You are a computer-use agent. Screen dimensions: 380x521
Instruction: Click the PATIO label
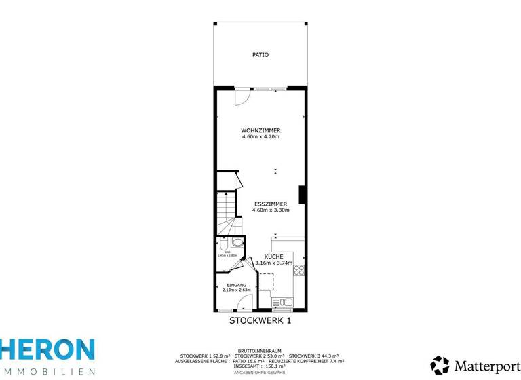pyautogui.click(x=260, y=55)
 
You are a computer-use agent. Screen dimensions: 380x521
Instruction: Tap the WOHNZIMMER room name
pyautogui.click(x=260, y=130)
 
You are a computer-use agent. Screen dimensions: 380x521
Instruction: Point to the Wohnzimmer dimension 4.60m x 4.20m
pyautogui.click(x=260, y=136)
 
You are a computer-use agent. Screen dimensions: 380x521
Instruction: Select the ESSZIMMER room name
pyautogui.click(x=270, y=204)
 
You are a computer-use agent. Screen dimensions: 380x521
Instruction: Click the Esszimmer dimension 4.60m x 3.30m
pyautogui.click(x=270, y=210)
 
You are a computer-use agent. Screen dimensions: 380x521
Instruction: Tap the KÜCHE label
pyautogui.click(x=273, y=256)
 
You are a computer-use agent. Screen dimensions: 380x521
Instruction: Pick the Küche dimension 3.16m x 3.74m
pyautogui.click(x=273, y=263)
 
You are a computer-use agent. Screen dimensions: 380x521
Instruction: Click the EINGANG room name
pyautogui.click(x=236, y=285)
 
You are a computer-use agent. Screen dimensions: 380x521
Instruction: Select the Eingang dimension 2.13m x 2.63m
pyautogui.click(x=236, y=290)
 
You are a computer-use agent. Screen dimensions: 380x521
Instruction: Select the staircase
pyautogui.click(x=227, y=210)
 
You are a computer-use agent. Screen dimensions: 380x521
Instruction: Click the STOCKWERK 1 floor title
pyautogui.click(x=260, y=321)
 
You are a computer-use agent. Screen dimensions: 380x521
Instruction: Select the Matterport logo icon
pyautogui.click(x=440, y=365)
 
